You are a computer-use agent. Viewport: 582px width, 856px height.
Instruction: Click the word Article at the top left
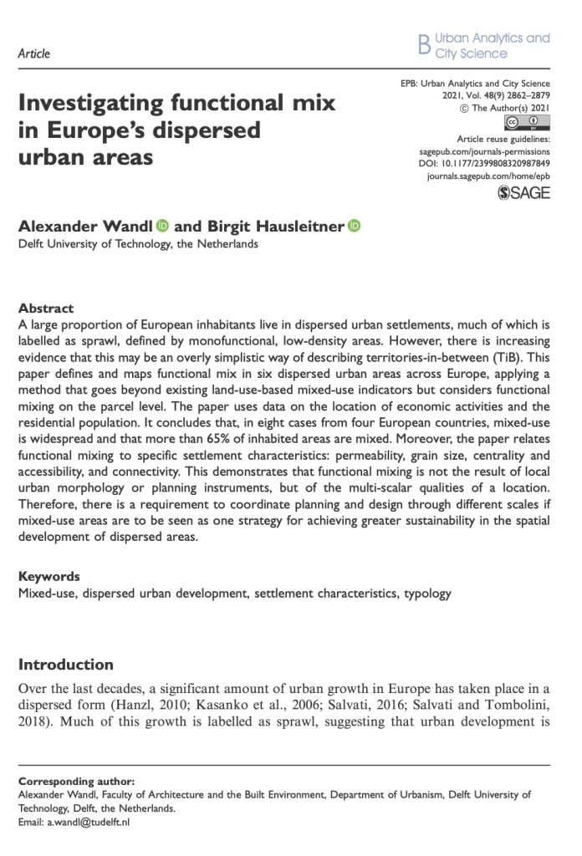pyautogui.click(x=33, y=53)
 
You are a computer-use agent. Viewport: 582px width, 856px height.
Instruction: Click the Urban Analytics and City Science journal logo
pyautogui.click(x=483, y=46)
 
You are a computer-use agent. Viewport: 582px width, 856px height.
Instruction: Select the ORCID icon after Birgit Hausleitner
pyautogui.click(x=354, y=226)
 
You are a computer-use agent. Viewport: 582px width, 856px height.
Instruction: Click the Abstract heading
pyautogui.click(x=45, y=308)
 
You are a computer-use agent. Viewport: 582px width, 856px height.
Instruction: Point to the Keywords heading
pyautogui.click(x=48, y=577)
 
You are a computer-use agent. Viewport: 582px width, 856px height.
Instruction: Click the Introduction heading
pyautogui.click(x=66, y=665)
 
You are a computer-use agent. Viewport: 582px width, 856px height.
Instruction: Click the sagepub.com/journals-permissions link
pyautogui.click(x=483, y=151)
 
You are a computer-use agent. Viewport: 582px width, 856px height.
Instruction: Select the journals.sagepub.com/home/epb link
pyautogui.click(x=488, y=177)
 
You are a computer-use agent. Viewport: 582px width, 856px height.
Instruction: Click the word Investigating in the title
pyautogui.click(x=92, y=104)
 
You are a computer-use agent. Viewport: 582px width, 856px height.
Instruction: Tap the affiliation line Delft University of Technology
pyautogui.click(x=138, y=245)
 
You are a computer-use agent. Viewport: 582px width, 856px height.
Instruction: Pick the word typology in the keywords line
pyautogui.click(x=427, y=594)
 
